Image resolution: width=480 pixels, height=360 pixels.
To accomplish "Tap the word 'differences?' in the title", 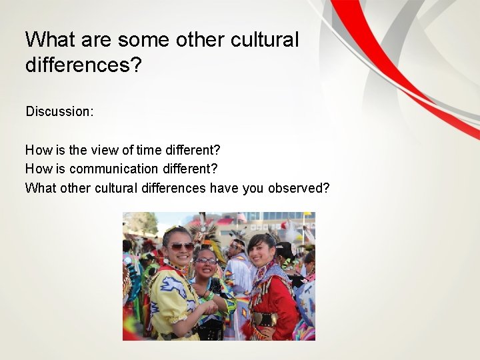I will (x=83, y=65).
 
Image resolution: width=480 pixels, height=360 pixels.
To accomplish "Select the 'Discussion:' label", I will (x=59, y=111).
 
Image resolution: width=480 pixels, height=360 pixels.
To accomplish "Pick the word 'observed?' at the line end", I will (x=299, y=188).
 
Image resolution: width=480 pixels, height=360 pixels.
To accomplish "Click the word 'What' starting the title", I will (x=51, y=39).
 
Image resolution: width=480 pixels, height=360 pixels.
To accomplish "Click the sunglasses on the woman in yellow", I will (x=181, y=246).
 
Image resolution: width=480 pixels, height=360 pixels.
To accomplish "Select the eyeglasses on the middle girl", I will (x=207, y=260).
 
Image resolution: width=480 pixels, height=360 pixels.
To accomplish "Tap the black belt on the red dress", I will (x=265, y=319).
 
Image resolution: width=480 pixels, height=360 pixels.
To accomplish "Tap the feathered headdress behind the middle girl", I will (x=203, y=233).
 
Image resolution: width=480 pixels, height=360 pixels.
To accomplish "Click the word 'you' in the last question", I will (x=253, y=188).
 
